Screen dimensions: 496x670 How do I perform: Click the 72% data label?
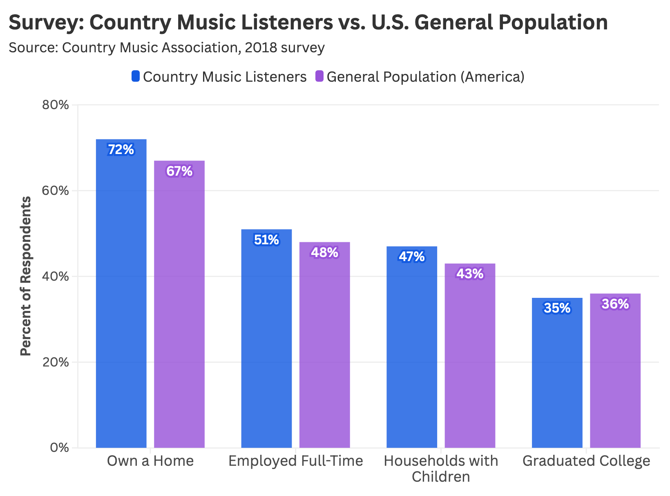(121, 150)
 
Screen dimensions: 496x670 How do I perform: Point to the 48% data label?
(325, 253)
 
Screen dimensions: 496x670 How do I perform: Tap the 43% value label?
(470, 274)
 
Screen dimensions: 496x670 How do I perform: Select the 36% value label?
(615, 304)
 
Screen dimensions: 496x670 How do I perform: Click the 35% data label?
(557, 308)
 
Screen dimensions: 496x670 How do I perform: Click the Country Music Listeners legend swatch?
(136, 76)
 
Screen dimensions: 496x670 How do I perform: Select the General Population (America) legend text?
(425, 77)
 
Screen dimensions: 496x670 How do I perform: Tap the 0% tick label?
(60, 448)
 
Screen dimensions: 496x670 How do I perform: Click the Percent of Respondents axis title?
(25, 276)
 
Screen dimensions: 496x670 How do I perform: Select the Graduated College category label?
(586, 461)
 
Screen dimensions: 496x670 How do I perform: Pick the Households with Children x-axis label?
(441, 469)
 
